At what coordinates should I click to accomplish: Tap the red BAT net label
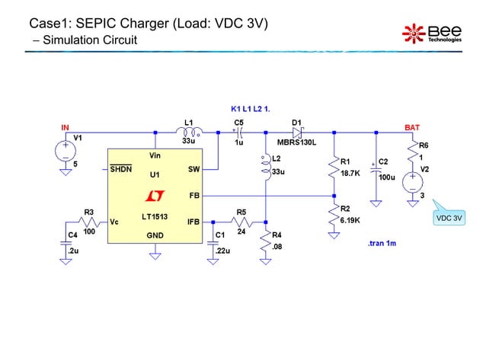click(x=411, y=127)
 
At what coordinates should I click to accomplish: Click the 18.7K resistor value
click(x=351, y=174)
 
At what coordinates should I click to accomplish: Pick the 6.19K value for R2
click(x=351, y=219)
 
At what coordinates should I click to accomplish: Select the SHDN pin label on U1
click(x=121, y=168)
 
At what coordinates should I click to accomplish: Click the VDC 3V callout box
click(x=449, y=219)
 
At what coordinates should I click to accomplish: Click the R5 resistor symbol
click(x=241, y=222)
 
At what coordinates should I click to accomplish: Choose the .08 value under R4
click(x=277, y=247)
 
